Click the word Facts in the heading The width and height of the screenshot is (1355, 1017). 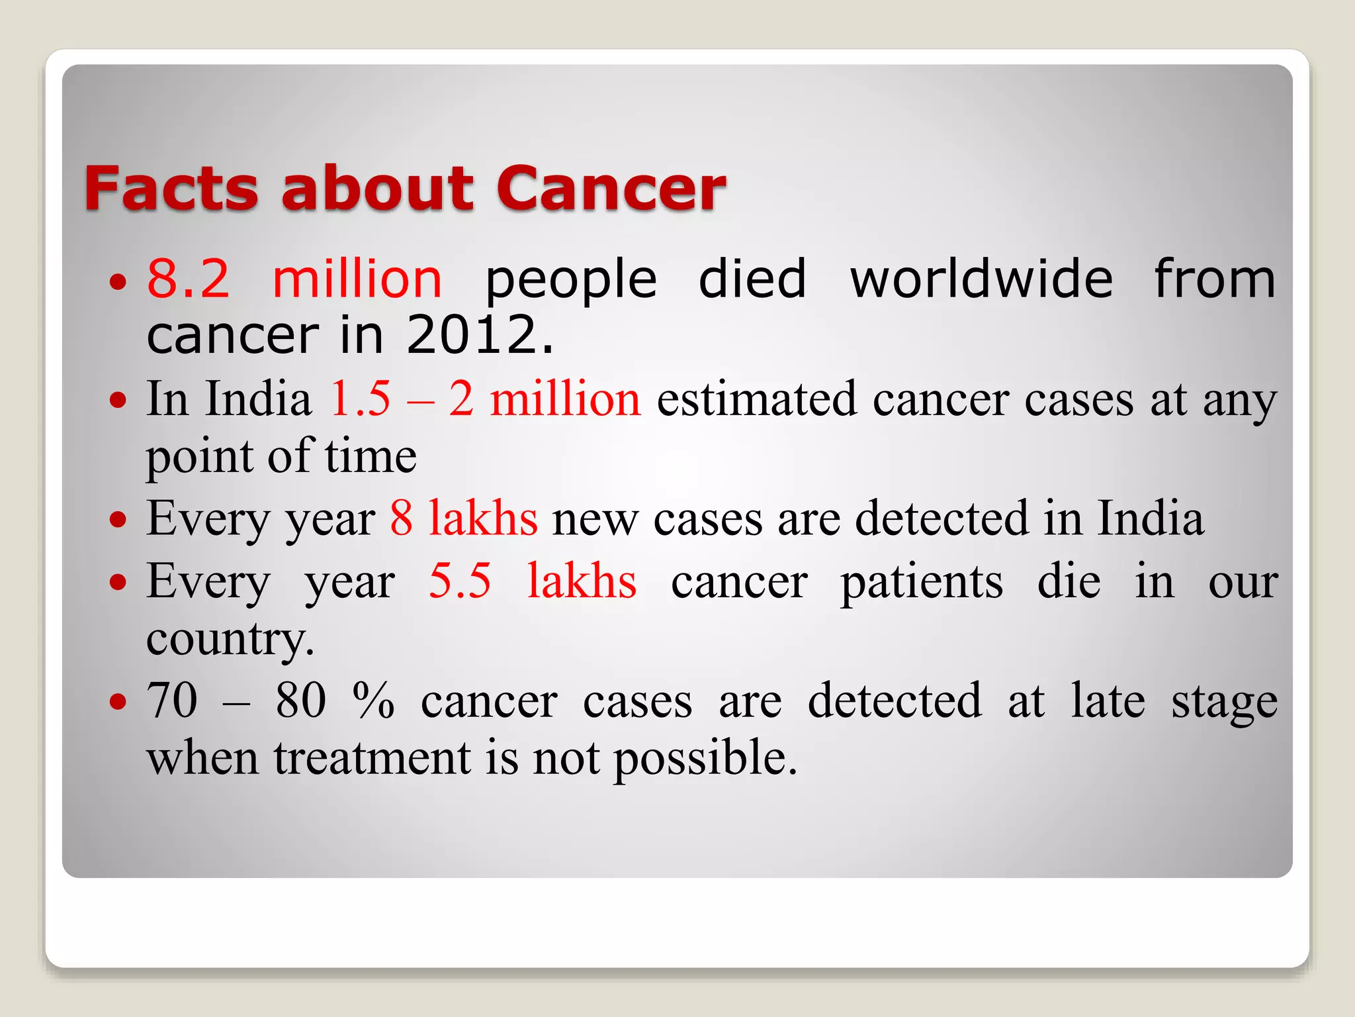[x=171, y=189]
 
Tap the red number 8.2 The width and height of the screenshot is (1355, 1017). [x=188, y=279]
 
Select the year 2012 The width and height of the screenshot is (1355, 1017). [x=479, y=334]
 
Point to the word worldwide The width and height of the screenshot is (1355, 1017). [x=981, y=279]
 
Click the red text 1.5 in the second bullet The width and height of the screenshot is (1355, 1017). [x=360, y=399]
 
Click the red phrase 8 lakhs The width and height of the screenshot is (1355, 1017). [x=463, y=518]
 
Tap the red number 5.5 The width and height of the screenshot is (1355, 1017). [x=460, y=581]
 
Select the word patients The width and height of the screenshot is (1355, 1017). [x=922, y=581]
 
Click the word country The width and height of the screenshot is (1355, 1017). [x=229, y=639]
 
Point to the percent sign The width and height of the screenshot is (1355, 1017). [x=374, y=701]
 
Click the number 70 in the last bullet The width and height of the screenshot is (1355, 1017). [x=172, y=701]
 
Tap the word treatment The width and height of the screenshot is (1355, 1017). [x=372, y=758]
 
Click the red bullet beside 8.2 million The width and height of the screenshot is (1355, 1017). [x=118, y=282]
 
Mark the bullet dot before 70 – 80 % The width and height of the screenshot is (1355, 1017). [x=118, y=701]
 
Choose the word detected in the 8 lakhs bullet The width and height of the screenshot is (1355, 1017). [x=942, y=518]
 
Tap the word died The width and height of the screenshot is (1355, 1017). [x=752, y=279]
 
